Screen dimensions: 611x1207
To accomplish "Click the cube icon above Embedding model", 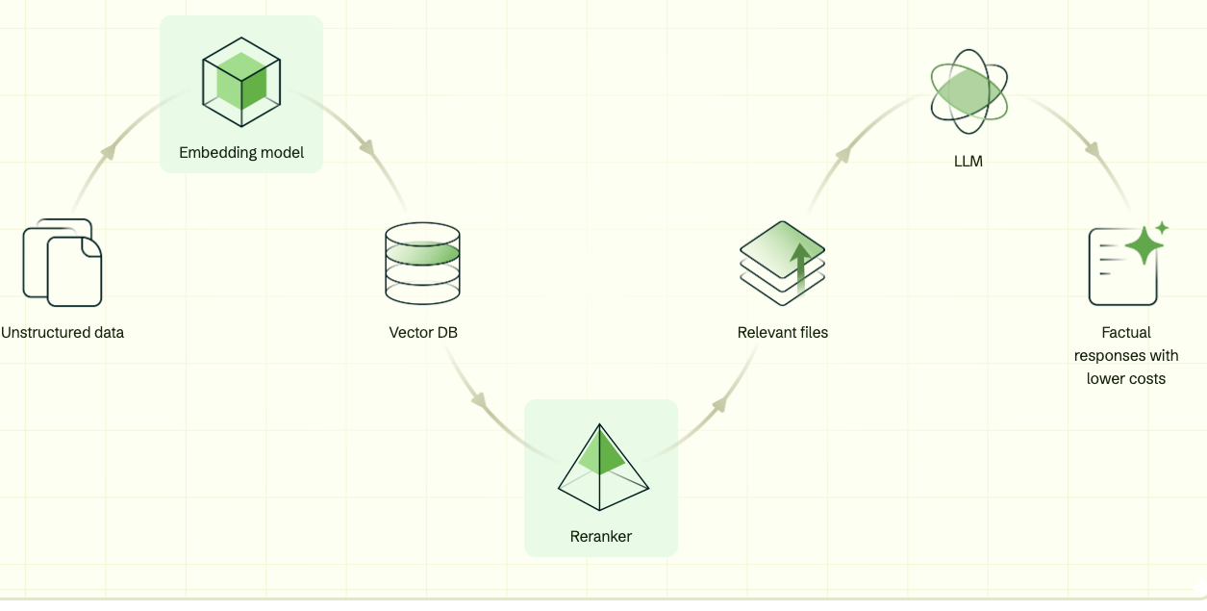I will [x=241, y=82].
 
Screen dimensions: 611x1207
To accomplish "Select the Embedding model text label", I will [x=241, y=153].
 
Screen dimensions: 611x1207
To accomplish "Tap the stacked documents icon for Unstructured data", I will [x=63, y=261].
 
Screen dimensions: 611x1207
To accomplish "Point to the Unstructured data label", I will [x=63, y=333].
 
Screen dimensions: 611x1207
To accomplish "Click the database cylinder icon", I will [x=422, y=261].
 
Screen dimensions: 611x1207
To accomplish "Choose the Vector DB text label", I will [x=423, y=333].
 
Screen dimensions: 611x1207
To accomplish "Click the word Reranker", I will [x=601, y=537].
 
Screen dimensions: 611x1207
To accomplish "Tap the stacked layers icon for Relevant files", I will [x=783, y=263].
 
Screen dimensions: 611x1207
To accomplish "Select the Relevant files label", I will [x=783, y=333].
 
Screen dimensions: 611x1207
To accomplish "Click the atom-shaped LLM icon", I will [x=968, y=92].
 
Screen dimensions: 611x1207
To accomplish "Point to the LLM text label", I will [x=968, y=162].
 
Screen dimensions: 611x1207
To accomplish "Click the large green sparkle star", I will [x=1144, y=245].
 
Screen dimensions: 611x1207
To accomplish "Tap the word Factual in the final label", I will [x=1126, y=333].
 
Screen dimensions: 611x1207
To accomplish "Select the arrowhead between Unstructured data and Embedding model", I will [x=110, y=151].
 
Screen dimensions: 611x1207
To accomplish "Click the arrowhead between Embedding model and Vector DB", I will [x=368, y=149].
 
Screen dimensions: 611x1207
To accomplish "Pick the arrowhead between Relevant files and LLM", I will [x=843, y=153].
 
